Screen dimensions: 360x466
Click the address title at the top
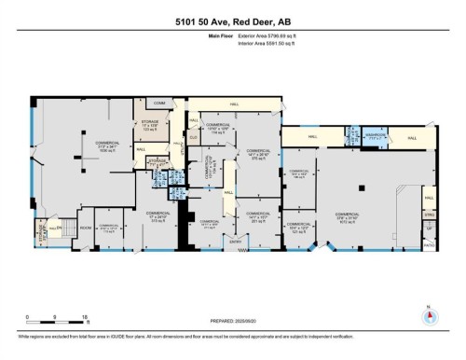coord(232,21)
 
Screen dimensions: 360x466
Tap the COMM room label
coord(159,102)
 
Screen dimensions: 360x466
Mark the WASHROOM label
coord(377,135)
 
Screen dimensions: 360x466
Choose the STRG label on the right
coord(431,216)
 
